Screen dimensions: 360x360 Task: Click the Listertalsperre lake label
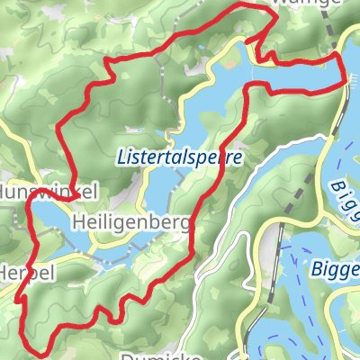180,156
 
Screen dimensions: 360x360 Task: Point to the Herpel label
27,271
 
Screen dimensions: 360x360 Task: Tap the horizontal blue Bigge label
335,268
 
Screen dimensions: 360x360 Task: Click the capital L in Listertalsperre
121,156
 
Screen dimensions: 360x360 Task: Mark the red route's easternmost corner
346,83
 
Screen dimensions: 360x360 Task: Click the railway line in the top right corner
335,36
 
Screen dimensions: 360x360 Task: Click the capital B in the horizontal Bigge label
315,267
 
